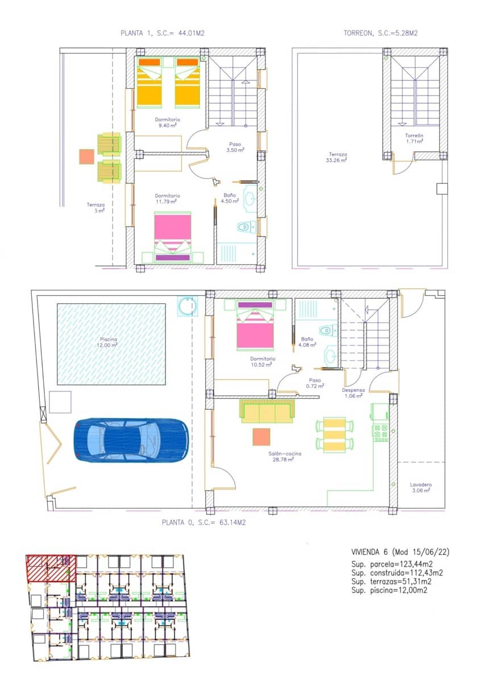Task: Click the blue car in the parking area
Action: click(x=131, y=441)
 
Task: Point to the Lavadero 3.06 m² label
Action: click(x=421, y=487)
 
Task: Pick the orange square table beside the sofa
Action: click(x=262, y=437)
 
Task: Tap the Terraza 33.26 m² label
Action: click(x=338, y=157)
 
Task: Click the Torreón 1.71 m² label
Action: click(x=414, y=138)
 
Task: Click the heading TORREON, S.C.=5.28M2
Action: click(x=380, y=34)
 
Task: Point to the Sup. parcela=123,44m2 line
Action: click(x=397, y=564)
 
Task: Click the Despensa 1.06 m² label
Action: click(x=353, y=393)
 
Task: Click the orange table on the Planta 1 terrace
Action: click(x=86, y=157)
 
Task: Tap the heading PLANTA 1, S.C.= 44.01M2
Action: click(x=163, y=34)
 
